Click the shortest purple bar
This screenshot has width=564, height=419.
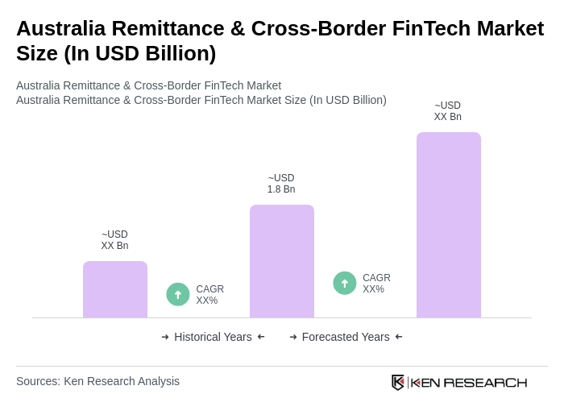(x=115, y=289)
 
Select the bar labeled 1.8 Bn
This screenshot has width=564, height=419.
(x=282, y=261)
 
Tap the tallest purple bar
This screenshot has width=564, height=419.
(x=449, y=225)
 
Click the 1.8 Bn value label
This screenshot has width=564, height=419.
(x=281, y=184)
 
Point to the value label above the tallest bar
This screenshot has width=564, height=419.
(x=448, y=111)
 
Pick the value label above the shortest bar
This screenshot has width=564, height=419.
(x=114, y=240)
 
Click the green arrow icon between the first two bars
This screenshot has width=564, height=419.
(x=178, y=294)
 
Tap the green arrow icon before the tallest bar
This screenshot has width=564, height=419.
(x=345, y=283)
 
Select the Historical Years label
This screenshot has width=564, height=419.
(x=213, y=337)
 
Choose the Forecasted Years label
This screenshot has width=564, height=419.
(x=346, y=337)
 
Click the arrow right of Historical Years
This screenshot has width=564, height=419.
(x=261, y=337)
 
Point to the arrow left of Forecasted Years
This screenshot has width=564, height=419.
(x=293, y=337)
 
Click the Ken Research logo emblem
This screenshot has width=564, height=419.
(x=398, y=382)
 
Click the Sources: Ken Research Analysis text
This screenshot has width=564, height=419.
(x=97, y=381)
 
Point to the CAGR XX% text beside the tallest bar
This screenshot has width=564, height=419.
(x=376, y=284)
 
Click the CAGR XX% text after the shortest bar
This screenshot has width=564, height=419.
(x=209, y=295)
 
